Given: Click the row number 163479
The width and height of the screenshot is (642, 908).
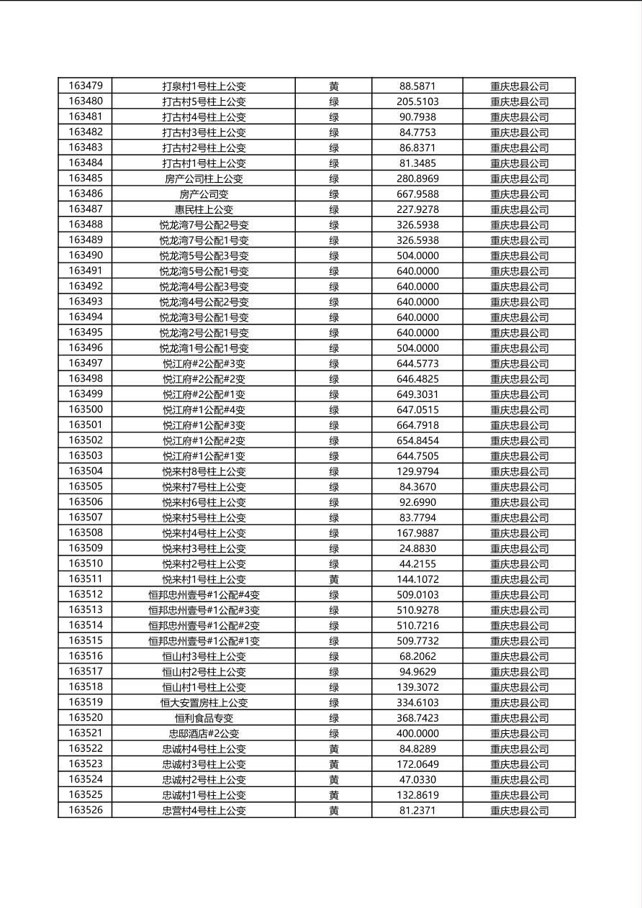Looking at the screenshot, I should click(x=86, y=86).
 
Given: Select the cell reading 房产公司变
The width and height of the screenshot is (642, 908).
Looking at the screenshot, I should click(x=204, y=194).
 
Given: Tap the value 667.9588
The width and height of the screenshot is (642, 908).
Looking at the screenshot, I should click(x=417, y=194).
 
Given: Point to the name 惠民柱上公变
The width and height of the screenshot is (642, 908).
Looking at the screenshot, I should click(x=204, y=209).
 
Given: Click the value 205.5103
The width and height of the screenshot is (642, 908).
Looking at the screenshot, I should click(x=417, y=101).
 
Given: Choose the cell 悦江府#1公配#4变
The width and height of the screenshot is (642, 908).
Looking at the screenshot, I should click(x=204, y=410).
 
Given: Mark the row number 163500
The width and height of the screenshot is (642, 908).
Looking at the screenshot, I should click(x=86, y=409).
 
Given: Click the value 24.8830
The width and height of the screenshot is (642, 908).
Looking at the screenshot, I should click(x=417, y=548).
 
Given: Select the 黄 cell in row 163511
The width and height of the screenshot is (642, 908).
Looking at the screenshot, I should click(x=334, y=579).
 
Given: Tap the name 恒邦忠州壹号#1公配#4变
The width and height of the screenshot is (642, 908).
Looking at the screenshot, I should click(x=204, y=595).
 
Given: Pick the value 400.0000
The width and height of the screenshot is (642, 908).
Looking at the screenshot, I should click(x=417, y=733).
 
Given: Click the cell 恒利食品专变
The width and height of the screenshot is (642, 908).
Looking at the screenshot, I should click(x=204, y=718).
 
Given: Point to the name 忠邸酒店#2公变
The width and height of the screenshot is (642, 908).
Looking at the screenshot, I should click(x=204, y=733).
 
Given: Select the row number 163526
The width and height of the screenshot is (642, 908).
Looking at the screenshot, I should click(x=86, y=810).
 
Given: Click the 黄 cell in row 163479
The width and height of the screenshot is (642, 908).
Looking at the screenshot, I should click(x=334, y=86).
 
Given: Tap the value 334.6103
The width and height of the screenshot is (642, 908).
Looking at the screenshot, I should click(x=417, y=702).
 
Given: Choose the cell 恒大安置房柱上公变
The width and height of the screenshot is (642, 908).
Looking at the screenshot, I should click(x=204, y=702).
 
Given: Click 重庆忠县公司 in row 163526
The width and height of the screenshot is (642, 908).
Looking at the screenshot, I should click(x=519, y=811).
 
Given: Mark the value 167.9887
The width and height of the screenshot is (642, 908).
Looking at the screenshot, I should click(x=417, y=533).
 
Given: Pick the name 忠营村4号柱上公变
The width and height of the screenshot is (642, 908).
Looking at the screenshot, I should click(x=204, y=811).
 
